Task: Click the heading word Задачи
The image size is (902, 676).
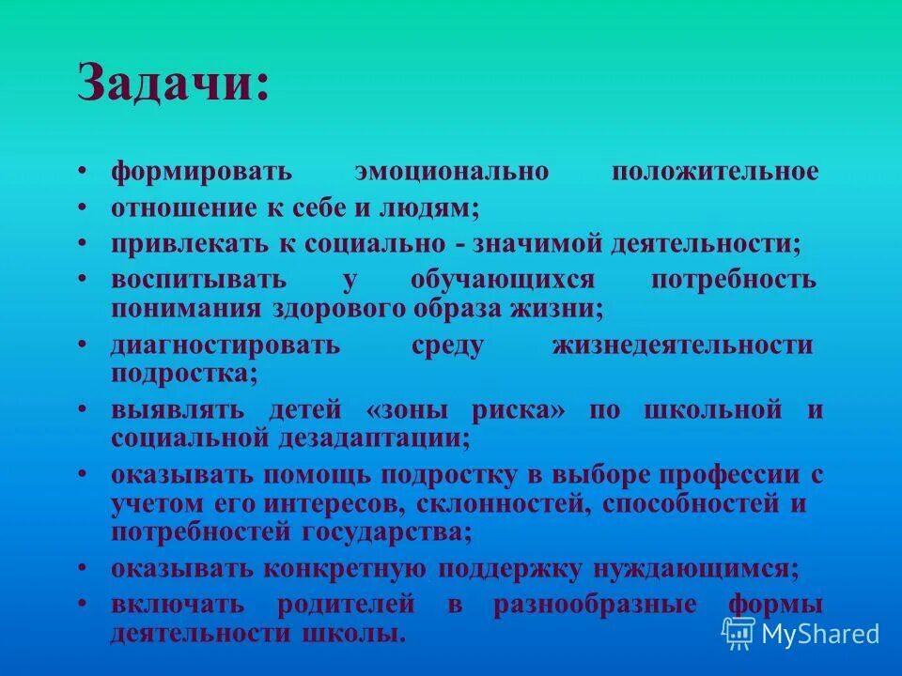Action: (x=173, y=85)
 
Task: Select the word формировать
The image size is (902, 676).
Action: (x=202, y=173)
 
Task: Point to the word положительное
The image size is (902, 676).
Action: (x=715, y=173)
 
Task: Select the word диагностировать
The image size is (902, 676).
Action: (x=225, y=346)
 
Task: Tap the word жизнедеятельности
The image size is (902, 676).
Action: (x=682, y=346)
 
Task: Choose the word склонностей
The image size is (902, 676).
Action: (x=501, y=504)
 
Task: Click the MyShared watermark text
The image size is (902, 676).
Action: (x=820, y=634)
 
